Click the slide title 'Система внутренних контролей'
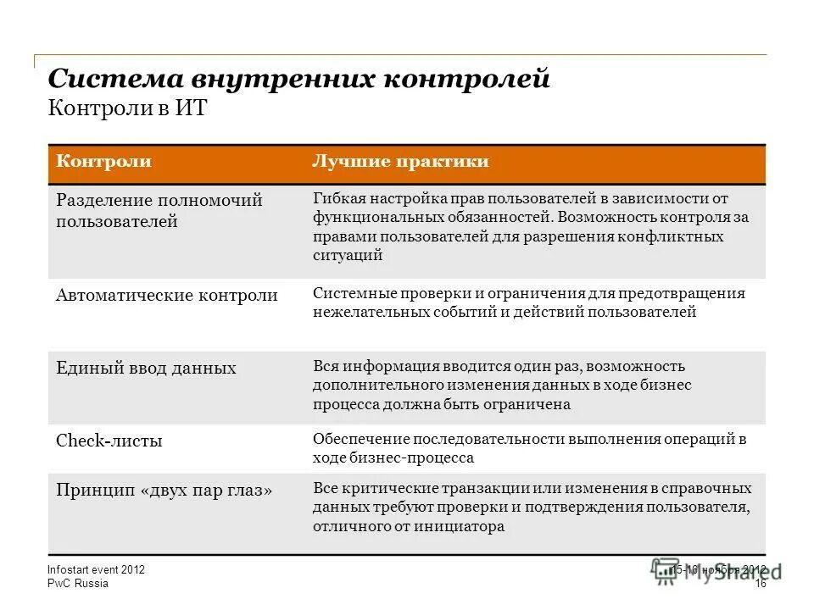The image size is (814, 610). (298, 79)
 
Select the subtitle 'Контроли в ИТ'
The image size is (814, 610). (127, 109)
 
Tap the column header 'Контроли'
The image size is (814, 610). (103, 162)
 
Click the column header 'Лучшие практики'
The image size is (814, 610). (400, 162)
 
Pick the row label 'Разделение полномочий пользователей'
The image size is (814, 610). (159, 211)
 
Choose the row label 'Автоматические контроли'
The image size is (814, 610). (166, 296)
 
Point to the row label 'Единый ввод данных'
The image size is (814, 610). (146, 368)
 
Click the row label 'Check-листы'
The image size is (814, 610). (109, 441)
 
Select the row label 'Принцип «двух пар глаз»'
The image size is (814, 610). (164, 490)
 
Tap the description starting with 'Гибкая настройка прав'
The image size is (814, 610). (530, 226)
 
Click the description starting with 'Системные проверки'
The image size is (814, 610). (528, 302)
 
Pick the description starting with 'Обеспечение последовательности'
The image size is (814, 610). (529, 447)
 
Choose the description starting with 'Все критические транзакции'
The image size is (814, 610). (532, 507)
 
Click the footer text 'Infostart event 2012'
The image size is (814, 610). (96, 570)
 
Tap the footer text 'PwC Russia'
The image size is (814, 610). (78, 584)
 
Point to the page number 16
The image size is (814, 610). (760, 584)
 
